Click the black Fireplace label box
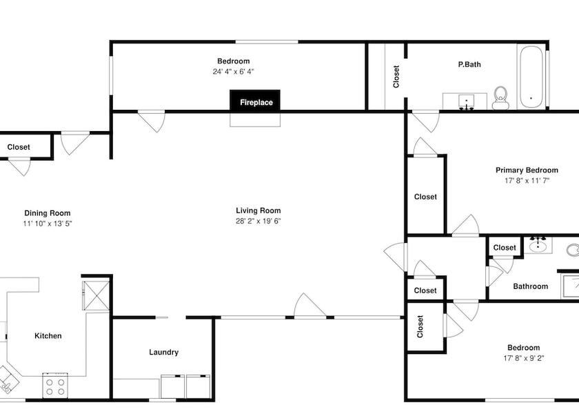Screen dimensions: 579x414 [255, 101]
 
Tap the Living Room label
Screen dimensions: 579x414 [258, 210]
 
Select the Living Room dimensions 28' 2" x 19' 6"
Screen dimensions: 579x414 [258, 221]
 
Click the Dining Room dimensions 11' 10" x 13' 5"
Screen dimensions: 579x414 [48, 224]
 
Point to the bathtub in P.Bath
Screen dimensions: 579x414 [531, 77]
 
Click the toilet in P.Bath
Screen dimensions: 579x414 [500, 98]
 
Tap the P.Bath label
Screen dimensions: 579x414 [469, 64]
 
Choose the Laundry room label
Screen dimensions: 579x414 [163, 353]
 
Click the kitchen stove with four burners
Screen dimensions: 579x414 [55, 386]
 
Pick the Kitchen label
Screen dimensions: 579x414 [48, 335]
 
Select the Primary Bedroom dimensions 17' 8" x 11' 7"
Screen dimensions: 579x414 [527, 181]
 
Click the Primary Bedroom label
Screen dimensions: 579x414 [527, 170]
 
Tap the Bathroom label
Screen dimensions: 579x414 [531, 286]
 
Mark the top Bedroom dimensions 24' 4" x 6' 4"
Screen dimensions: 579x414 [234, 71]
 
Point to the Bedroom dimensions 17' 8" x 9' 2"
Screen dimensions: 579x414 [524, 358]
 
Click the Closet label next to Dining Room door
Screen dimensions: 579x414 [19, 147]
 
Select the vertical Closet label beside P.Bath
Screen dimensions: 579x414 [396, 77]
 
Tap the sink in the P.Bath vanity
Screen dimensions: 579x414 [467, 101]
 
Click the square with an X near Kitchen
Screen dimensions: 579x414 [96, 295]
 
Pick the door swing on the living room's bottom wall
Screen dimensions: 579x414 [309, 305]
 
